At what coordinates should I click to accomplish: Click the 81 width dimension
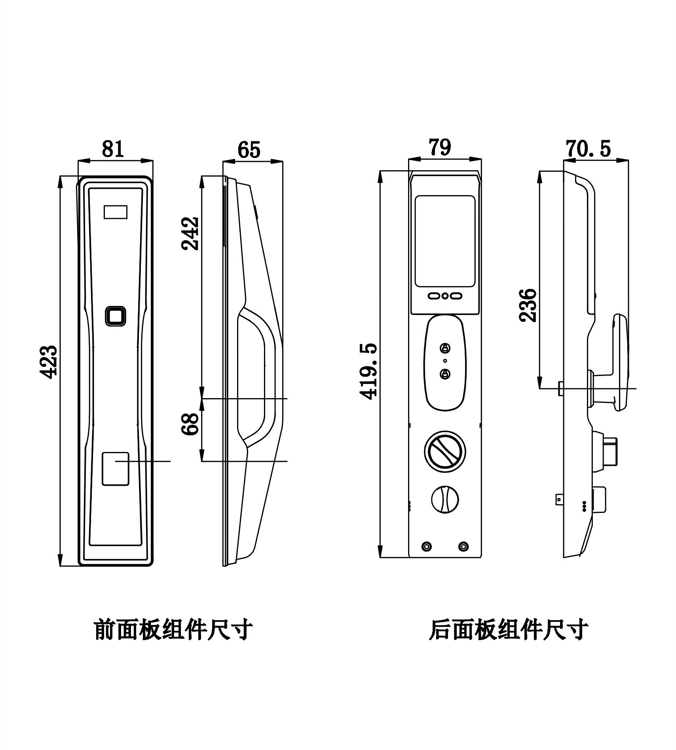pos(113,149)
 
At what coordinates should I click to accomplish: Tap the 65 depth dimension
pos(249,150)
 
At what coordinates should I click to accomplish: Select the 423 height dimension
pos(50,362)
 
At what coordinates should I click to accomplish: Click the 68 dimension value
pos(190,424)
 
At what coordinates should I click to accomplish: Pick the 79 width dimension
pos(440,147)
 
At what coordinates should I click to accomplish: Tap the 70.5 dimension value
pos(589,149)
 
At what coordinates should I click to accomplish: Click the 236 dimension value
pos(529,305)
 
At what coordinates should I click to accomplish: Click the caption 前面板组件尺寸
pos(173,630)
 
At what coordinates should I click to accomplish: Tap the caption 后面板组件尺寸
pos(509,630)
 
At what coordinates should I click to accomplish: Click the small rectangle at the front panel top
pos(116,212)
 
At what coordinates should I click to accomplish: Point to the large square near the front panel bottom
pos(116,469)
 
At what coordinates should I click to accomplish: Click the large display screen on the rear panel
pos(445,241)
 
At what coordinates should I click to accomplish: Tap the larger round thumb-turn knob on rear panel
pos(445,451)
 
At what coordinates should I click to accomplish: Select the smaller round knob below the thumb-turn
pos(445,500)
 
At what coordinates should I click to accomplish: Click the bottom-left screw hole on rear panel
pos(427,547)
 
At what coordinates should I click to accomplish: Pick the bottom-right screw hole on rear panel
pos(463,547)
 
